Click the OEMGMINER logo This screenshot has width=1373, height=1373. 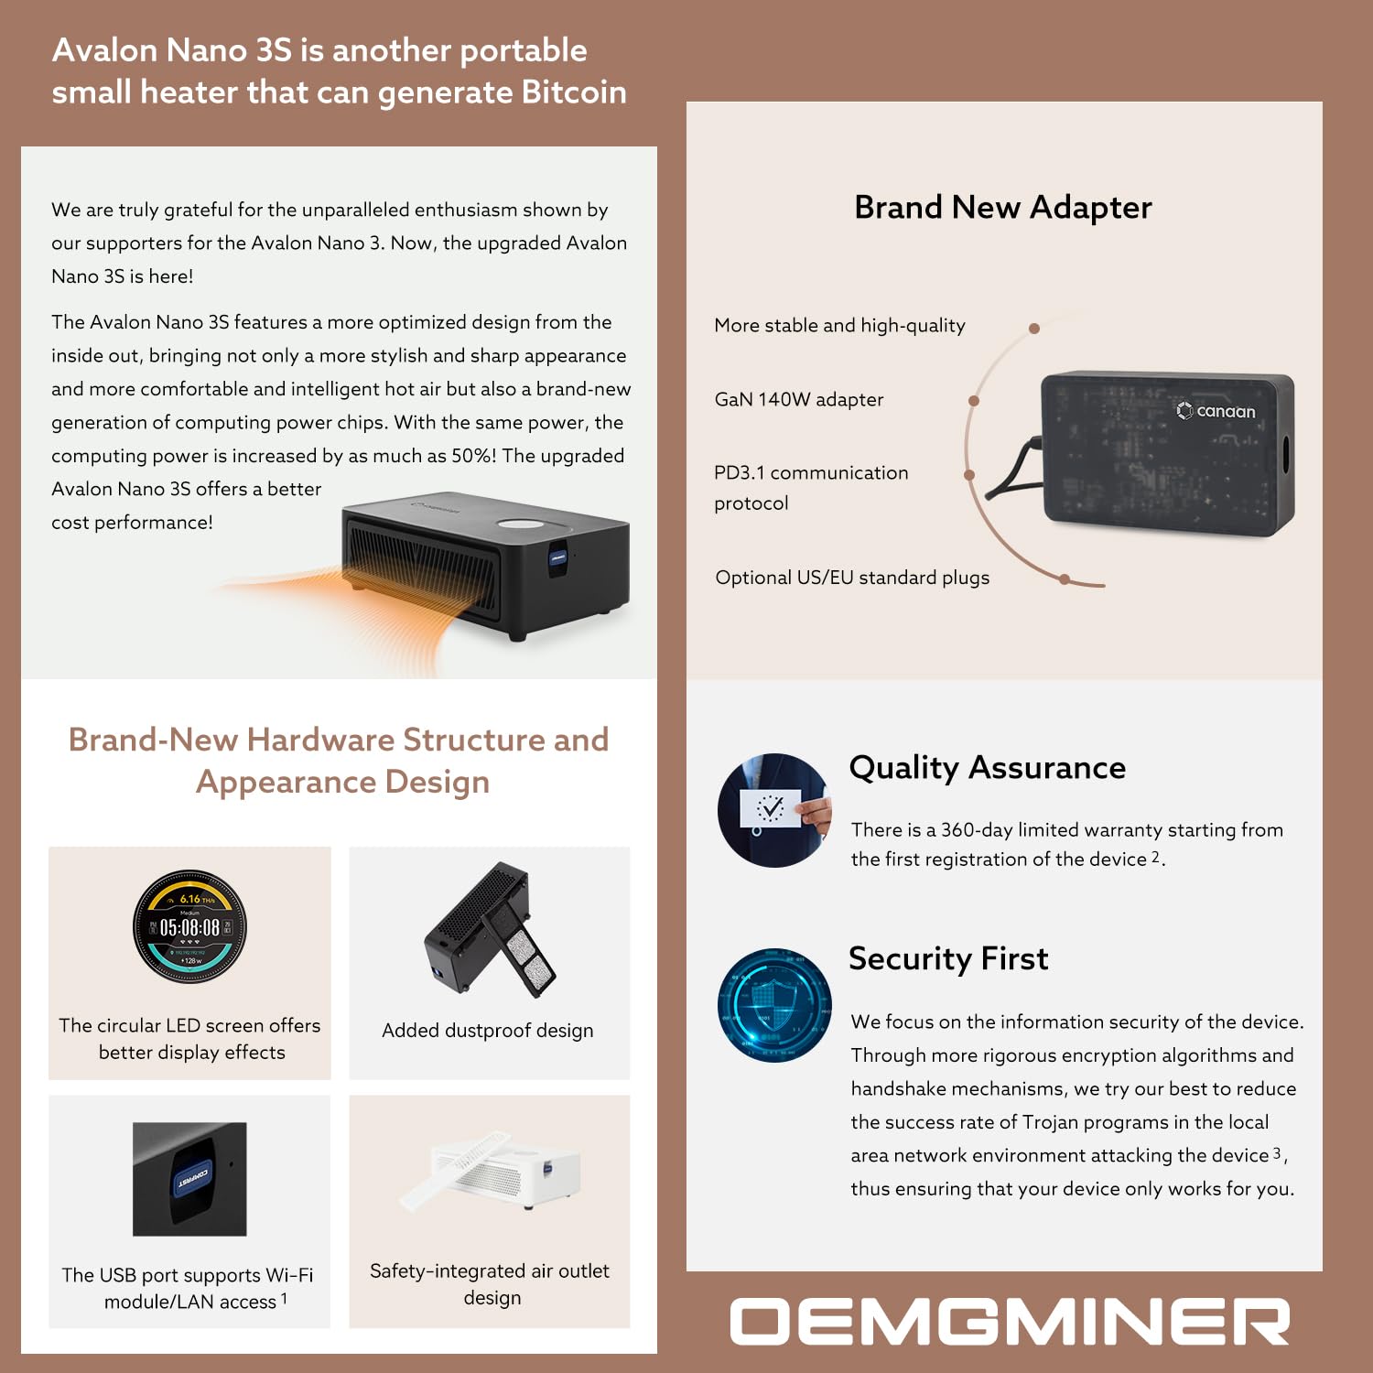point(1009,1322)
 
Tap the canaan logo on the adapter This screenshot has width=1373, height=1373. point(1216,411)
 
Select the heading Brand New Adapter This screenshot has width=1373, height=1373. point(1002,208)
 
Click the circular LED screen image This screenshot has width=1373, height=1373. point(189,926)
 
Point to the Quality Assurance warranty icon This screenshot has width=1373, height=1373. point(774,810)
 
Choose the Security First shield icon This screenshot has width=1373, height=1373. point(774,1004)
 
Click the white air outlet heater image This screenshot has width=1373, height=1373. point(490,1172)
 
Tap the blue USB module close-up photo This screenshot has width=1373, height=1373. point(189,1179)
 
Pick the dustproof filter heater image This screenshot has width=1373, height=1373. point(490,929)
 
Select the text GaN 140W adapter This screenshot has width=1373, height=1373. point(798,400)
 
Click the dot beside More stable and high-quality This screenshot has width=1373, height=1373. point(1033,329)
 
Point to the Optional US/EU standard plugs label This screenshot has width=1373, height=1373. point(851,578)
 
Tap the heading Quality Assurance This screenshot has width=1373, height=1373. point(987,768)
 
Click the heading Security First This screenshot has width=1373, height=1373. point(947,958)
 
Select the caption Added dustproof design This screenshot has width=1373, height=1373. point(487,1031)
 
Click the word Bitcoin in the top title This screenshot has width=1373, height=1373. point(574,92)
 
